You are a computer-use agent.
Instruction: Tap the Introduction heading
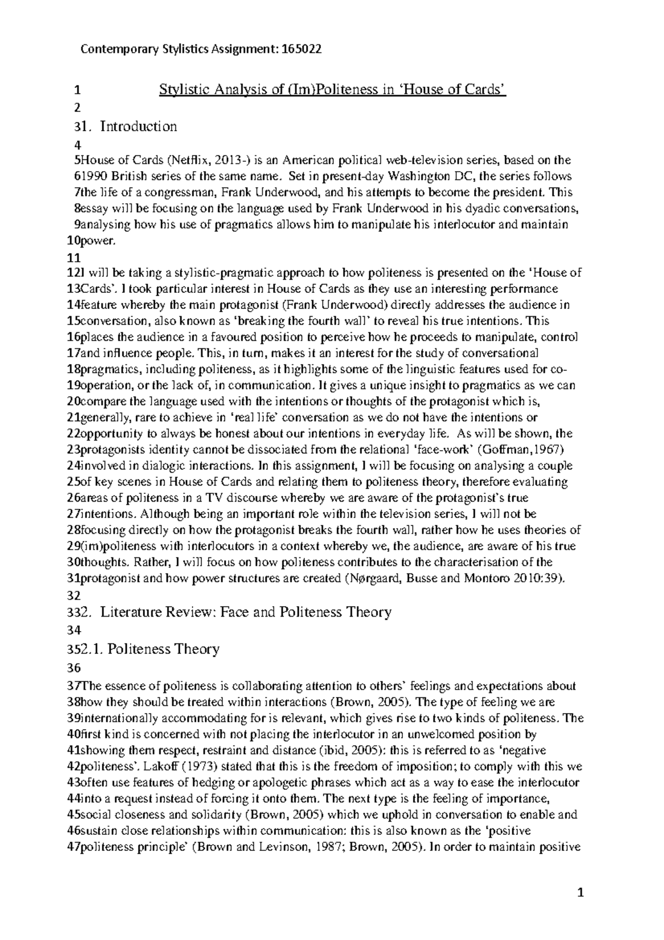click(x=138, y=126)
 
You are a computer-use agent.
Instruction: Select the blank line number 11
click(x=73, y=257)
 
